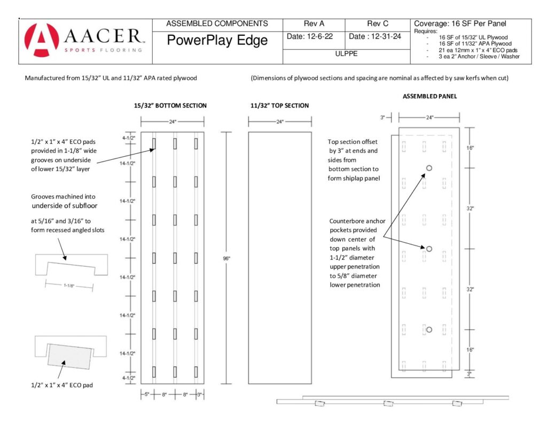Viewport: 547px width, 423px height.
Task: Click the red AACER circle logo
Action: pyautogui.click(x=42, y=40)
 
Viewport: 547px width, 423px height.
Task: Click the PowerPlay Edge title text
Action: pyautogui.click(x=217, y=40)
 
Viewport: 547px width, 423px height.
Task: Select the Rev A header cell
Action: pyautogui.click(x=314, y=24)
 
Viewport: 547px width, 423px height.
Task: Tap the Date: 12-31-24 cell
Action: pyautogui.click(x=375, y=36)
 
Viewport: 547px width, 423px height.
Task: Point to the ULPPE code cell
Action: pyautogui.click(x=346, y=54)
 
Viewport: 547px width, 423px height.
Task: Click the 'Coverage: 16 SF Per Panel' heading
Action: pyautogui.click(x=460, y=24)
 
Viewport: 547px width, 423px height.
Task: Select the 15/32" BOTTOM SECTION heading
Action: pyautogui.click(x=170, y=105)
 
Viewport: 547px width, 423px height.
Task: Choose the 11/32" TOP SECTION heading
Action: pyautogui.click(x=279, y=105)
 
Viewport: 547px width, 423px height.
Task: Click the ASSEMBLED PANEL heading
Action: pyautogui.click(x=430, y=96)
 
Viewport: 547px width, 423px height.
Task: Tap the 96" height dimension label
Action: pyautogui.click(x=226, y=258)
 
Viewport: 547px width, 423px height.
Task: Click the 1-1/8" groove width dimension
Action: pyautogui.click(x=69, y=286)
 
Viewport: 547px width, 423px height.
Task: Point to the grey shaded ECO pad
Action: pyautogui.click(x=70, y=356)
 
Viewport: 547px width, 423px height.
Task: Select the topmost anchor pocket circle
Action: pyautogui.click(x=429, y=168)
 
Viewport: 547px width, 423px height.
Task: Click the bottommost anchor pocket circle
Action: pyautogui.click(x=429, y=330)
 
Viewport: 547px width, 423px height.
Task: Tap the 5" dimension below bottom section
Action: pyautogui.click(x=147, y=395)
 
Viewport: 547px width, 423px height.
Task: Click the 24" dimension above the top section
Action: pyautogui.click(x=280, y=122)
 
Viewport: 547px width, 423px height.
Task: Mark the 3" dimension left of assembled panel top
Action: pyautogui.click(x=382, y=118)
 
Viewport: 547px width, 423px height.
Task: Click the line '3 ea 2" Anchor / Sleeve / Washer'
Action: pyautogui.click(x=479, y=57)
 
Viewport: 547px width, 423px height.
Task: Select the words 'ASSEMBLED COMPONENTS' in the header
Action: pyautogui.click(x=217, y=24)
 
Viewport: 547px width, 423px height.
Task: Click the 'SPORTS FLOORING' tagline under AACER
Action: pyautogui.click(x=103, y=50)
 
